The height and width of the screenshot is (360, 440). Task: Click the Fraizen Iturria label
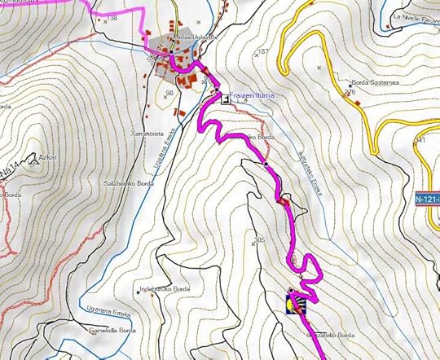pos(255,96)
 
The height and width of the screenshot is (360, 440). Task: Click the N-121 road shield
pos(426,198)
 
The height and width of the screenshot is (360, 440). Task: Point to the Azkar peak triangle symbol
pos(33,162)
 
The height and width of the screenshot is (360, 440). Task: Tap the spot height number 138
pos(112,17)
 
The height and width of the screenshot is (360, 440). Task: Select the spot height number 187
pos(262,51)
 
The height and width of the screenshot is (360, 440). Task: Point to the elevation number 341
pos(421,140)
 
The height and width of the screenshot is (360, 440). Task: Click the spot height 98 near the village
pos(170,94)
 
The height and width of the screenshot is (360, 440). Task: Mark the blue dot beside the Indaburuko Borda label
pos(137,292)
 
